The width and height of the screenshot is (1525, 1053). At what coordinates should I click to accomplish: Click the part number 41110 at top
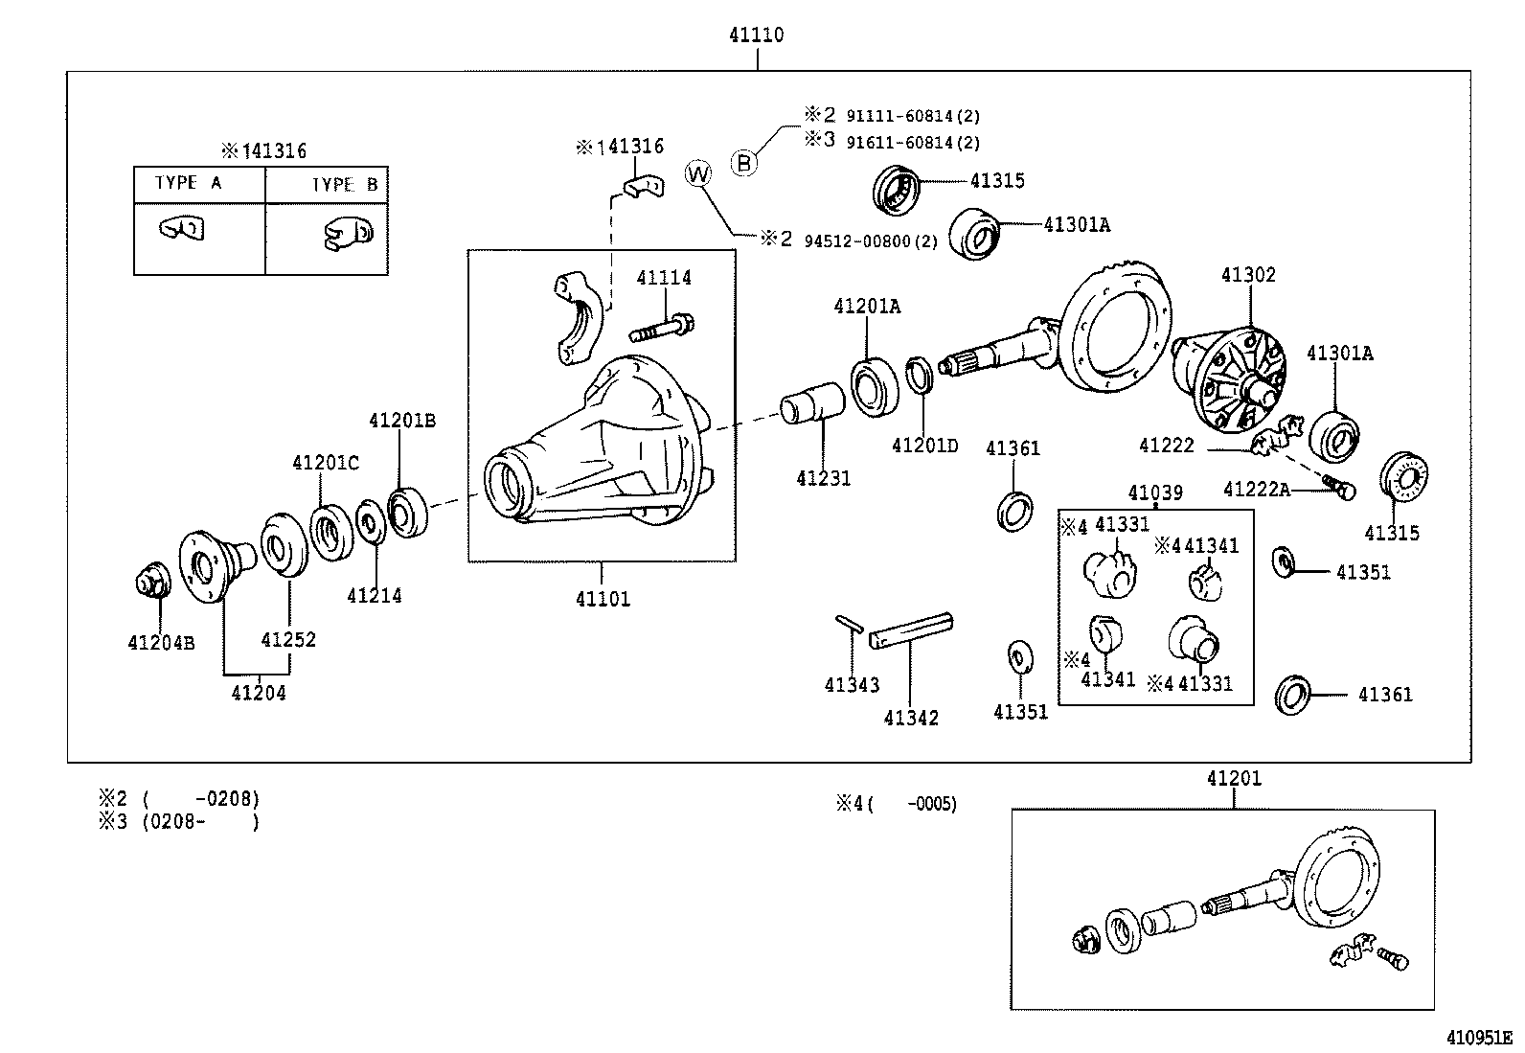coord(756,35)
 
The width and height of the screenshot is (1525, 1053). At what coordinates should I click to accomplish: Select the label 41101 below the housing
coord(603,600)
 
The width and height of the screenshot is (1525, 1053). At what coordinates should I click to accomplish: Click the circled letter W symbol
coord(699,174)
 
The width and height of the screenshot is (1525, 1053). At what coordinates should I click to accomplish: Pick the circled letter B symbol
coord(744,163)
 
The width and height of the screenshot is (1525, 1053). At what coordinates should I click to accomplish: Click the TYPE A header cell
coord(189,183)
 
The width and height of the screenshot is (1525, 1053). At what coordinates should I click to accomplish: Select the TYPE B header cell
coord(344,185)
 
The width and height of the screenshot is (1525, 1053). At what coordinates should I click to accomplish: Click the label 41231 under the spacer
coord(823,478)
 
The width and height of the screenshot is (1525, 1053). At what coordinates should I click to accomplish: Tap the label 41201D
coord(924,446)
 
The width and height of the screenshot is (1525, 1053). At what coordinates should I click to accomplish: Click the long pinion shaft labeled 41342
coord(911,632)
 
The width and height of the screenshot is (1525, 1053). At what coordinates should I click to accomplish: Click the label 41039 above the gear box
coord(1156,493)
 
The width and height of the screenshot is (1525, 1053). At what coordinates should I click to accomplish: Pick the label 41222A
coord(1257,491)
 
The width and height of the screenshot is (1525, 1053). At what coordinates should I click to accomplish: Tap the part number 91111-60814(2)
coord(912,117)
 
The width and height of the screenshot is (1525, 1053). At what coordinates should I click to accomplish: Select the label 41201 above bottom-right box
coord(1234,779)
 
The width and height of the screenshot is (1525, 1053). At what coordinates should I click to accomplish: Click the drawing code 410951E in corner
coord(1478,1038)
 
